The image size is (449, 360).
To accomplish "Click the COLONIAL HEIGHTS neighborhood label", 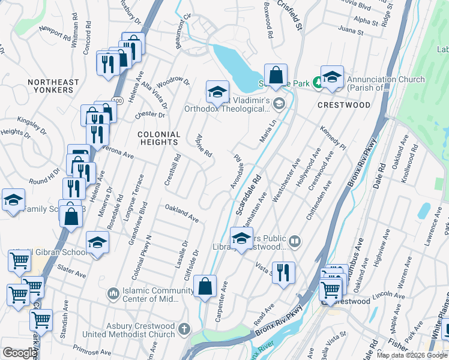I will pyautogui.click(x=158, y=138).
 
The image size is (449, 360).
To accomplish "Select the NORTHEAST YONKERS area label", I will pyautogui.click(x=53, y=86).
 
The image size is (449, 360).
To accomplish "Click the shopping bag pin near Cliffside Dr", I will pyautogui.click(x=205, y=286).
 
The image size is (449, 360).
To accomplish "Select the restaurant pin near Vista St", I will pyautogui.click(x=283, y=272).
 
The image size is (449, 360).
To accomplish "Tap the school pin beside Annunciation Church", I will pyautogui.click(x=331, y=76).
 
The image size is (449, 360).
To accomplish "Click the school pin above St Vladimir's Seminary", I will pyautogui.click(x=217, y=91).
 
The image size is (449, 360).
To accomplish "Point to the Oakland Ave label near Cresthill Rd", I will pyautogui.click(x=182, y=212).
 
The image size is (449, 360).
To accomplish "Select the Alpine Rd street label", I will pyautogui.click(x=204, y=145).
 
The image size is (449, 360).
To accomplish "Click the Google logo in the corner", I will pyautogui.click(x=19, y=353).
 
